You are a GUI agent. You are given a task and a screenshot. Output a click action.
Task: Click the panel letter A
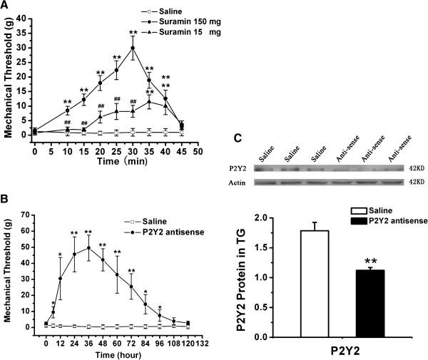tap(6, 6)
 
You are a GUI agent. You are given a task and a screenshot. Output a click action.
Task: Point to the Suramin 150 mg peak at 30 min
tap(133, 48)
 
